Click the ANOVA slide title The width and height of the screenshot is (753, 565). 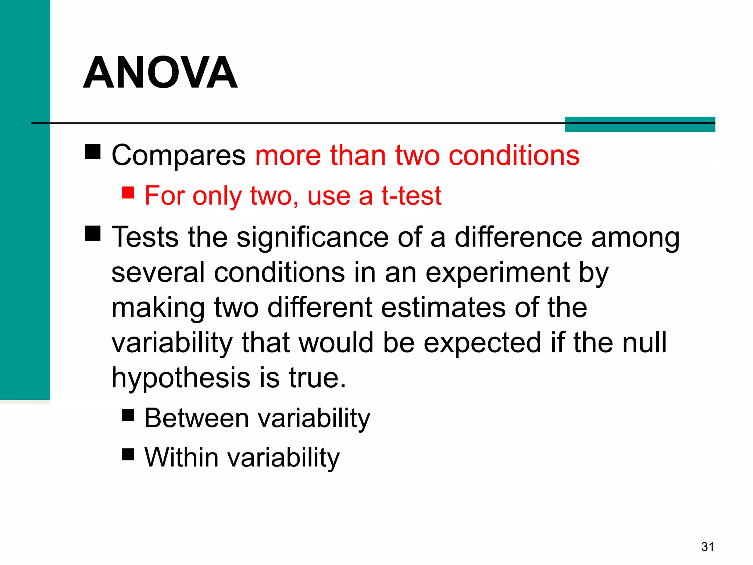coord(160,72)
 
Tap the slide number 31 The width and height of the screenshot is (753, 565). coord(707,547)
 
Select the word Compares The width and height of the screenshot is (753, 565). coord(178,156)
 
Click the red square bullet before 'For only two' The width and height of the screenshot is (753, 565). coord(128,192)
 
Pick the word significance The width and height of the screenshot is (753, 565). coord(313,237)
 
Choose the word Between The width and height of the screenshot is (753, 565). coord(197,418)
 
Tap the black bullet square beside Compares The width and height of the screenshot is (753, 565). coord(93,152)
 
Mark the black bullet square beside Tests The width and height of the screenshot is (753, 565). coord(93,233)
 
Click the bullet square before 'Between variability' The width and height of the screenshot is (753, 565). coord(128,415)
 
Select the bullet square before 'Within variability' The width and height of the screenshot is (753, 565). coord(128,454)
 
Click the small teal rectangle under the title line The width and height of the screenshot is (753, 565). coord(639,124)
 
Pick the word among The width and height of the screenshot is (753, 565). coord(635,237)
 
